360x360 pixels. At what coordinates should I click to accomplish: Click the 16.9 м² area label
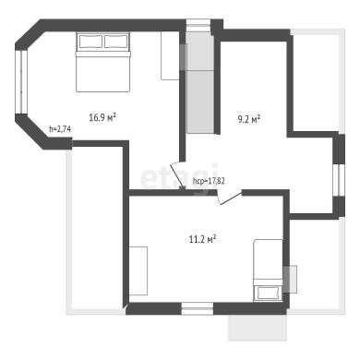click(102, 117)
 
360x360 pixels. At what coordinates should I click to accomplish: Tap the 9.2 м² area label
click(249, 119)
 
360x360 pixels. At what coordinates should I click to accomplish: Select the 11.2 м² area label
click(202, 239)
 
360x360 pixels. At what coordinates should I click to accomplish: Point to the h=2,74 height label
click(60, 129)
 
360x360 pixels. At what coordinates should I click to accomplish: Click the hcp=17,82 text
click(209, 181)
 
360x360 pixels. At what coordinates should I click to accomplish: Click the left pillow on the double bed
click(90, 42)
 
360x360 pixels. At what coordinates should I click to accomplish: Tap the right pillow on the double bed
click(116, 42)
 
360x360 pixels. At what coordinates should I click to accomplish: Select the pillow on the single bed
click(268, 293)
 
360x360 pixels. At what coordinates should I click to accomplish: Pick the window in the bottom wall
click(198, 308)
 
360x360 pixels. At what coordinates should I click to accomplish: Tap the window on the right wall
click(339, 180)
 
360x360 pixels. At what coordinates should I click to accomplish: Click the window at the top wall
click(198, 25)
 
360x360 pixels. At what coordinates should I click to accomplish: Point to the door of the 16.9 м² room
click(177, 175)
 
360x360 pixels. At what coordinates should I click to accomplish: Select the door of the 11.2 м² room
click(229, 197)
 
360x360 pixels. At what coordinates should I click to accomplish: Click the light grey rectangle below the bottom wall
click(258, 328)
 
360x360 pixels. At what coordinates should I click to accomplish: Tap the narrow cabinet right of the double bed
click(170, 55)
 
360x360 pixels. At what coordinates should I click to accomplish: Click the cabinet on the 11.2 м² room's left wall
click(138, 270)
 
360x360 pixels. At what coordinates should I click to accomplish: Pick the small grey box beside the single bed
click(290, 279)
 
